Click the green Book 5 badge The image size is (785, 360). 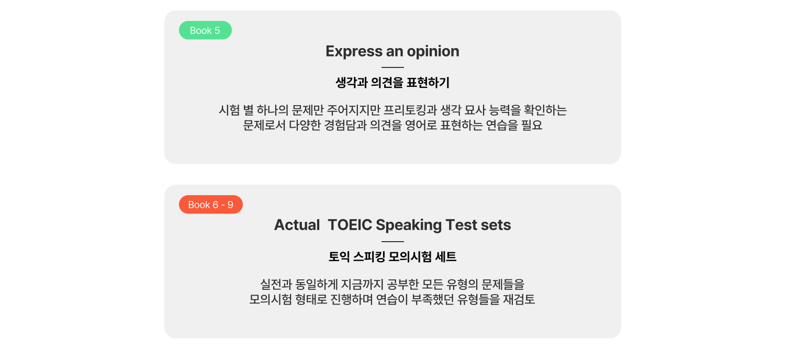pos(205,30)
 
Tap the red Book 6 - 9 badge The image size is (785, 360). pos(210,205)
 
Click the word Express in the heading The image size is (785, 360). pos(354,51)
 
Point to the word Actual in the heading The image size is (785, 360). pos(297,224)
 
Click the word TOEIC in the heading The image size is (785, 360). pos(350,224)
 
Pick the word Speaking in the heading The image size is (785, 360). pos(409,225)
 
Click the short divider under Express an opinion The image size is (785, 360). pos(392,67)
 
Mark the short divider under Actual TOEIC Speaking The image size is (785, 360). pos(392,241)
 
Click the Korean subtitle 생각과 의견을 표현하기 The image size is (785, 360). pos(392,83)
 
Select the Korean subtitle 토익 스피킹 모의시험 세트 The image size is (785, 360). pos(392,257)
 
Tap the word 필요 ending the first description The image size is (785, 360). pos(532,125)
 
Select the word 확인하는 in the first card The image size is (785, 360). pos(545,110)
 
